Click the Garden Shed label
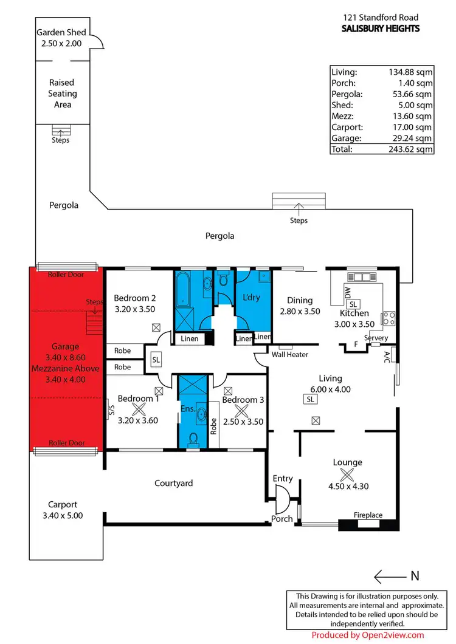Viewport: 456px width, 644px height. coord(61,32)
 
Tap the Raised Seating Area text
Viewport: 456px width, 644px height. coord(63,94)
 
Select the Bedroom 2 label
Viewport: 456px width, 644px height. coord(135,298)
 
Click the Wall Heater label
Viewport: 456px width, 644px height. coord(290,354)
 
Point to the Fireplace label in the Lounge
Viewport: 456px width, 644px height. coord(368,515)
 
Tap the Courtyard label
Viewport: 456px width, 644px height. coord(174,483)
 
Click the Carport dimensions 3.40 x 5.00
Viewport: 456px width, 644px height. coord(63,515)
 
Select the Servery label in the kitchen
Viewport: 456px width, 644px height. coord(376,338)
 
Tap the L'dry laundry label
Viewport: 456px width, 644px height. coord(251,299)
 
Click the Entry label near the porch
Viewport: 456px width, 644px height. coord(283,479)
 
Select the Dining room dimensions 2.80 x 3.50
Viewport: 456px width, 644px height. coord(300,311)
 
